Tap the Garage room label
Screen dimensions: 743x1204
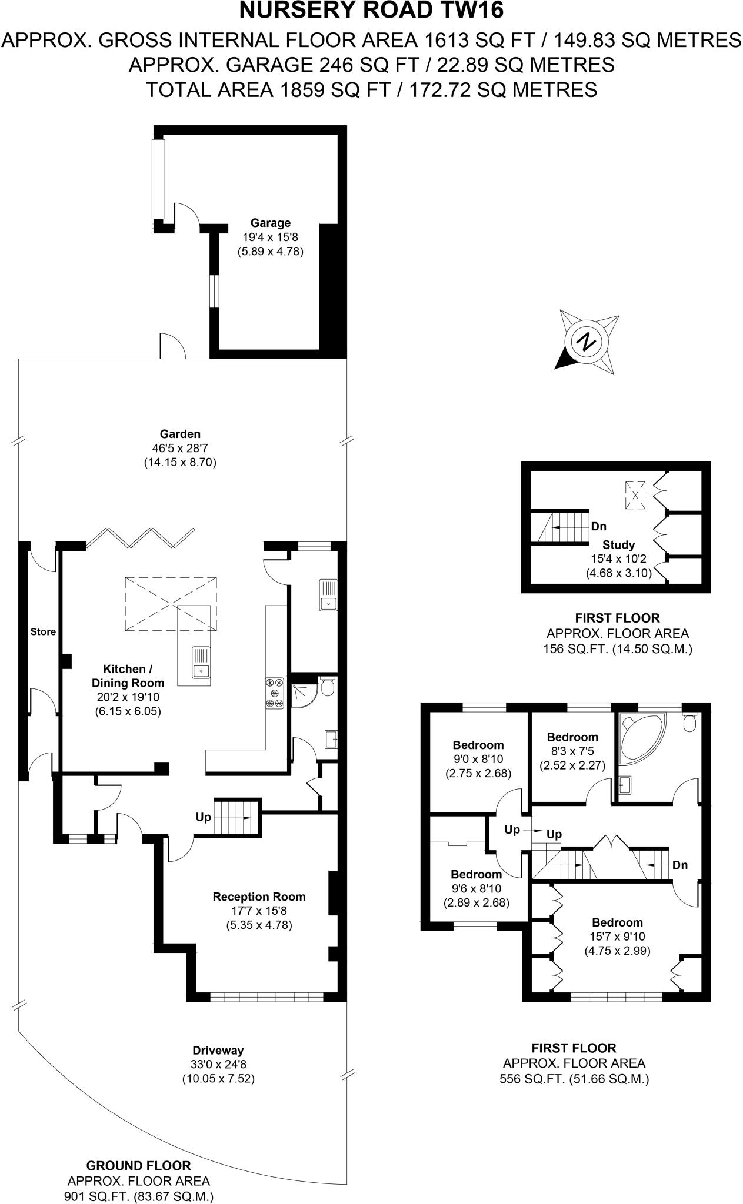(271, 223)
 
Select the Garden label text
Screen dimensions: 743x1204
(181, 434)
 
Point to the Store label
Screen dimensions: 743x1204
(43, 632)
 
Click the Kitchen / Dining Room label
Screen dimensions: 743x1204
(128, 676)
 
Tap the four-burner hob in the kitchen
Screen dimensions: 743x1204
(275, 693)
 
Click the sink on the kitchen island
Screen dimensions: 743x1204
(201, 662)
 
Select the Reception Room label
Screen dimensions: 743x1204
(259, 897)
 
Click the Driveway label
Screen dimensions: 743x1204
(218, 1050)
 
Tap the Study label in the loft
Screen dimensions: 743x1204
(618, 545)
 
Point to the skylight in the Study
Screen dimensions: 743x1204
(635, 494)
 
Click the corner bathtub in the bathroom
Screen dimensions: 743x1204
(640, 735)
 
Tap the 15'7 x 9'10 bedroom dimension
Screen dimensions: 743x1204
(617, 937)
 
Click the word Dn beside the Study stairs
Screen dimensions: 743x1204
(599, 527)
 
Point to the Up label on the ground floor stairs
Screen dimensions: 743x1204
(204, 817)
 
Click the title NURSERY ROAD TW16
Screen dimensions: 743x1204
(372, 11)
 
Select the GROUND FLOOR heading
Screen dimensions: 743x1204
(138, 1166)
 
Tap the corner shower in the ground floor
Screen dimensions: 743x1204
(304, 693)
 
